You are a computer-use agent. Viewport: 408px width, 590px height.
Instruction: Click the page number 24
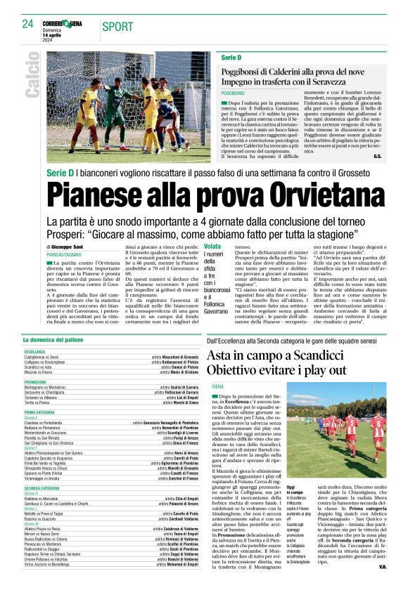27,24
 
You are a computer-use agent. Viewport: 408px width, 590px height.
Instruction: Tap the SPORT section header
117,27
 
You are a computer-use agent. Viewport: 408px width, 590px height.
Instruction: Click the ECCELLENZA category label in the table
34,351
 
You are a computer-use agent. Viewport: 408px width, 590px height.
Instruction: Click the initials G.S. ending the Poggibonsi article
378,155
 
